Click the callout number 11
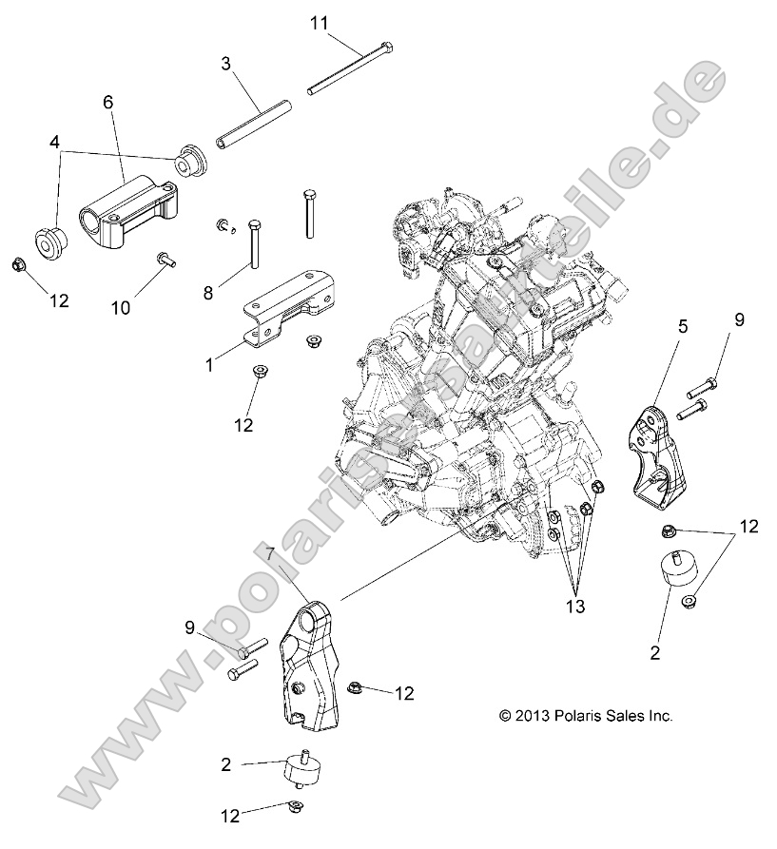pyautogui.click(x=320, y=21)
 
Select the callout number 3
pyautogui.click(x=225, y=65)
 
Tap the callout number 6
pyautogui.click(x=107, y=100)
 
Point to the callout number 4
pyautogui.click(x=56, y=143)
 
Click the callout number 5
pyautogui.click(x=681, y=326)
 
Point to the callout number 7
pyautogui.click(x=272, y=554)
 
